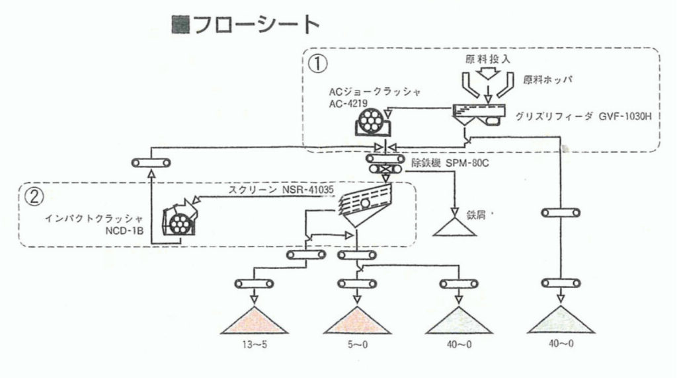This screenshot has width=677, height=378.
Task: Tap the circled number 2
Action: [33, 196]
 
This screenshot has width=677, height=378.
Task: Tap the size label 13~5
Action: [251, 345]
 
